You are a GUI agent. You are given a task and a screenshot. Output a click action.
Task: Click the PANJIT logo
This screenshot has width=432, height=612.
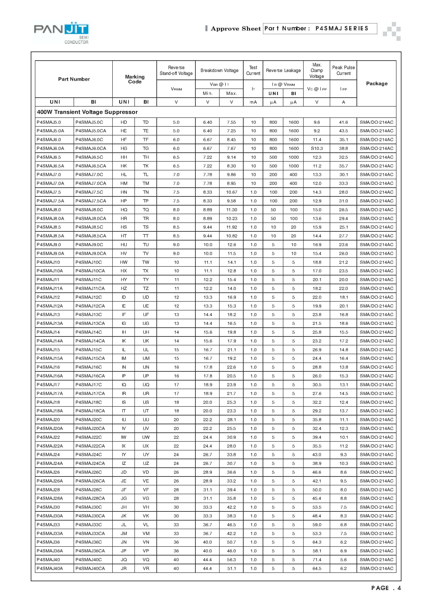(x=61, y=31)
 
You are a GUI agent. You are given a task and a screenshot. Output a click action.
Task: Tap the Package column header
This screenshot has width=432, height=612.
(x=376, y=84)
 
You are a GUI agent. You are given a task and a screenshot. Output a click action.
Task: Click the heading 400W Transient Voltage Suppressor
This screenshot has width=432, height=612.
(x=87, y=112)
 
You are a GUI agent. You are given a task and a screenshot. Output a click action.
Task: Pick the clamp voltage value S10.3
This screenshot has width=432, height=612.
(x=317, y=148)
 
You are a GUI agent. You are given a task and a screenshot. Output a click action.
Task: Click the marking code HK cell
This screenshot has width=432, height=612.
(x=124, y=166)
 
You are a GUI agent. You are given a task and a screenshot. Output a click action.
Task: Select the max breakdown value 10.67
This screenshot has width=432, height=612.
(x=231, y=192)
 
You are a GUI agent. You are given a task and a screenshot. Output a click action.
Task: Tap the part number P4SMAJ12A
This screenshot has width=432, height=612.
(x=50, y=306)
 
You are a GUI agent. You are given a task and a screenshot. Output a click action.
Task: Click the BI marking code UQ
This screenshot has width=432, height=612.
(x=146, y=385)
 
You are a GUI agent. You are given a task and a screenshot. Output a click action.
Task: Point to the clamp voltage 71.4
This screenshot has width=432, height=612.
(x=317, y=560)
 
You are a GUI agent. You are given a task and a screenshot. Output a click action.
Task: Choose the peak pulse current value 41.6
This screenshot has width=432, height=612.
(x=343, y=122)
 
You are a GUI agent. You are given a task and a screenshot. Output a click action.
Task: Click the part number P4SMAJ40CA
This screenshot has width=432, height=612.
(x=90, y=568)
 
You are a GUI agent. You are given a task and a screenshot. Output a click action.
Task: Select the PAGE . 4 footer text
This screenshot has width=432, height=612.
(x=386, y=588)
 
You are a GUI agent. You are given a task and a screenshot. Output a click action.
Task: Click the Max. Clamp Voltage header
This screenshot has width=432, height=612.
(x=317, y=70)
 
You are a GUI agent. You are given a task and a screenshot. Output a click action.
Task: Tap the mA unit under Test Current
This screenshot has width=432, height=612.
(x=253, y=102)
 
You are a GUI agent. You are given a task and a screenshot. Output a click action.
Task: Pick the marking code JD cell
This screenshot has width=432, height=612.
(x=124, y=472)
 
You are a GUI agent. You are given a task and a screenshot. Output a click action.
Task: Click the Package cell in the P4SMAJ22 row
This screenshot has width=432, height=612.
(x=376, y=437)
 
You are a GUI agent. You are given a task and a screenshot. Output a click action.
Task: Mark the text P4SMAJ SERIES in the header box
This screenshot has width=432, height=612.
(x=342, y=28)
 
